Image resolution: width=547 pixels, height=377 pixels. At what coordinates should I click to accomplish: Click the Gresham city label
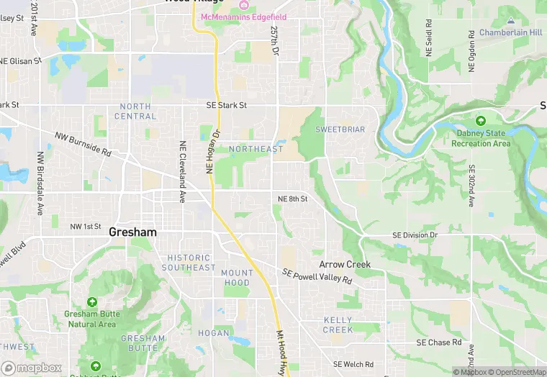click(x=132, y=232)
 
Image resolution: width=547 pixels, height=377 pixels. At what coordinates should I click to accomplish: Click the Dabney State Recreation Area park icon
click(x=480, y=120)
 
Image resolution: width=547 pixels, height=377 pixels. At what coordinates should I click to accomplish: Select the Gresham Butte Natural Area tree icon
click(x=91, y=303)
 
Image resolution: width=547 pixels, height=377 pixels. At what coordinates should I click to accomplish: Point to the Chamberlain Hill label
click(x=510, y=33)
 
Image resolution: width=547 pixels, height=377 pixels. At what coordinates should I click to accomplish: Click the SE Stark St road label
click(x=226, y=105)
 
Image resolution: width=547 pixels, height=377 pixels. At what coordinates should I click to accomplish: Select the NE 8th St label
click(x=293, y=199)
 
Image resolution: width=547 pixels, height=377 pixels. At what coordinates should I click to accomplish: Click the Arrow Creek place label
click(x=345, y=264)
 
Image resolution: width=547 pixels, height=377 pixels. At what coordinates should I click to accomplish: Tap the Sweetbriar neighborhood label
click(x=340, y=130)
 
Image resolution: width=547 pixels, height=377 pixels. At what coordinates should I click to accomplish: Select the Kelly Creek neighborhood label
click(x=338, y=324)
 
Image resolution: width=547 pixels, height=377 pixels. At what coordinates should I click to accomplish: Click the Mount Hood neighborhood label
click(x=237, y=278)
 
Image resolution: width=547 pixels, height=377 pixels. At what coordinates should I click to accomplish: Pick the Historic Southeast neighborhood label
click(x=189, y=263)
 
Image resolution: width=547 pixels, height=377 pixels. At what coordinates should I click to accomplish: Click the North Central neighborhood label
click(x=135, y=111)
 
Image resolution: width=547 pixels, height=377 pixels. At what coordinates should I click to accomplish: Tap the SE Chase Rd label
click(x=438, y=342)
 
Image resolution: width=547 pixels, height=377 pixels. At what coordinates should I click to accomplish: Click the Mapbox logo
click(x=31, y=367)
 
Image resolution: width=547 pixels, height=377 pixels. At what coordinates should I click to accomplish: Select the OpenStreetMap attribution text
click(x=517, y=372)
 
